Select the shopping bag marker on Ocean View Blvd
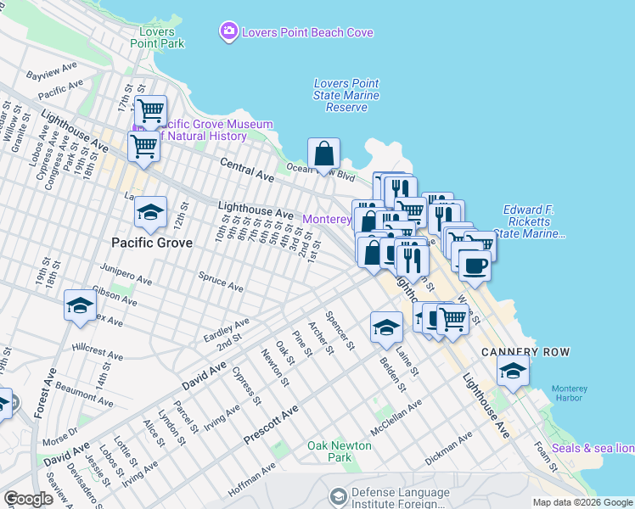click(x=323, y=155)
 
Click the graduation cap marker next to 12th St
click(x=150, y=214)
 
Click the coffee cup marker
click(x=475, y=265)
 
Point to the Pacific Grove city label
click(x=152, y=243)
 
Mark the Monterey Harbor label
click(x=569, y=394)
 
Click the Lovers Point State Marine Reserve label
click(x=346, y=95)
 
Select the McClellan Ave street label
click(x=396, y=418)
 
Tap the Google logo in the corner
click(x=28, y=499)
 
